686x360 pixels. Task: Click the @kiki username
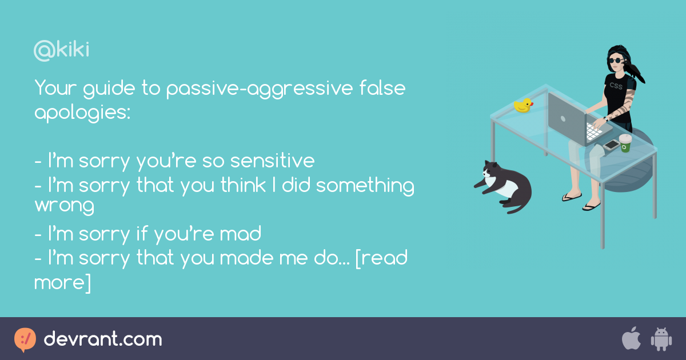click(x=62, y=51)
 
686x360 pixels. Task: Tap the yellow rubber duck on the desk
click(x=523, y=105)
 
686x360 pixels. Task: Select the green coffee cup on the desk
click(x=625, y=143)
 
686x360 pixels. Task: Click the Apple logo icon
click(x=631, y=339)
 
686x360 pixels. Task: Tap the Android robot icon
click(x=661, y=339)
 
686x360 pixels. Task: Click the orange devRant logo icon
click(x=25, y=339)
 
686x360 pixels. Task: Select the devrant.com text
click(x=103, y=339)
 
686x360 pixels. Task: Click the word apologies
click(x=82, y=113)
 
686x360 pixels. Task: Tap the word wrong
click(x=64, y=205)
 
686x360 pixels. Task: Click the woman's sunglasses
click(x=616, y=60)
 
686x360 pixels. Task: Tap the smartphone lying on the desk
click(x=611, y=145)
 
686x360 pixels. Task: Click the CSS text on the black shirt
click(x=616, y=86)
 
